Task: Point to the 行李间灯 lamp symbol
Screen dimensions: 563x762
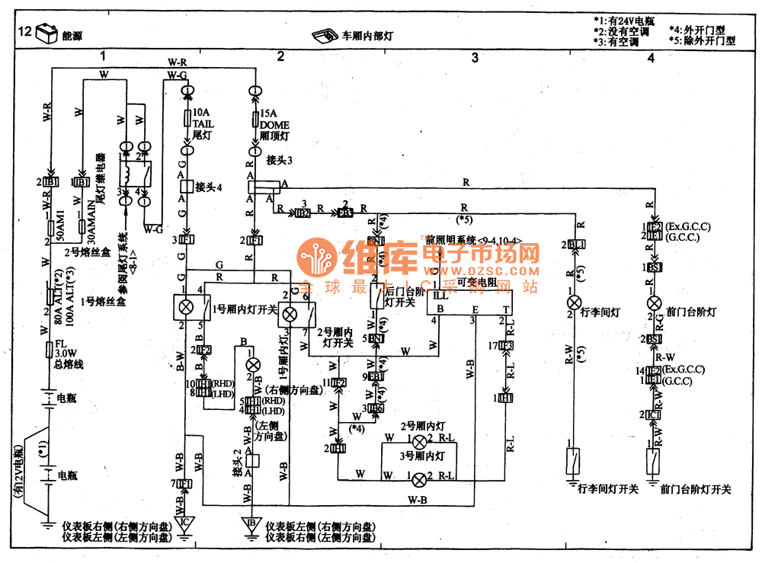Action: [x=574, y=302]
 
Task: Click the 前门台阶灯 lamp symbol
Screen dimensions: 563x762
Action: [x=653, y=302]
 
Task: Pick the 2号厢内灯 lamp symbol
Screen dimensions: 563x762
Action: [x=418, y=441]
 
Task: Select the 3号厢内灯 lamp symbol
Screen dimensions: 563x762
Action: [x=418, y=479]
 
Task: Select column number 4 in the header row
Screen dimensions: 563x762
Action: [x=650, y=57]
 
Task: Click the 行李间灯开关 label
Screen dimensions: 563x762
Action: [x=608, y=488]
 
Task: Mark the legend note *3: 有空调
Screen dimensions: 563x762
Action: [x=621, y=43]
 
